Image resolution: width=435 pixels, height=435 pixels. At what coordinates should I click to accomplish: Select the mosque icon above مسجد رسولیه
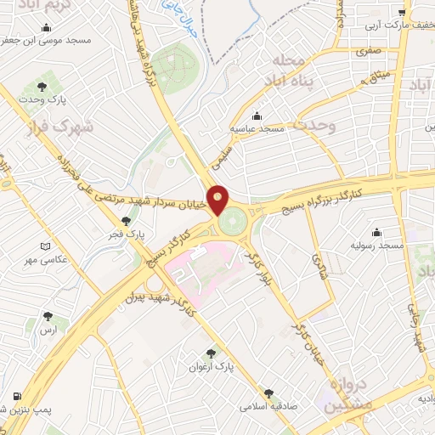click(377, 233)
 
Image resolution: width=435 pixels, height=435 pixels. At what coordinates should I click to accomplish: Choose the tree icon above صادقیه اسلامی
click(270, 393)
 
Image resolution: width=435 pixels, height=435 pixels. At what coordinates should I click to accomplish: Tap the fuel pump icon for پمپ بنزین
click(16, 397)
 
